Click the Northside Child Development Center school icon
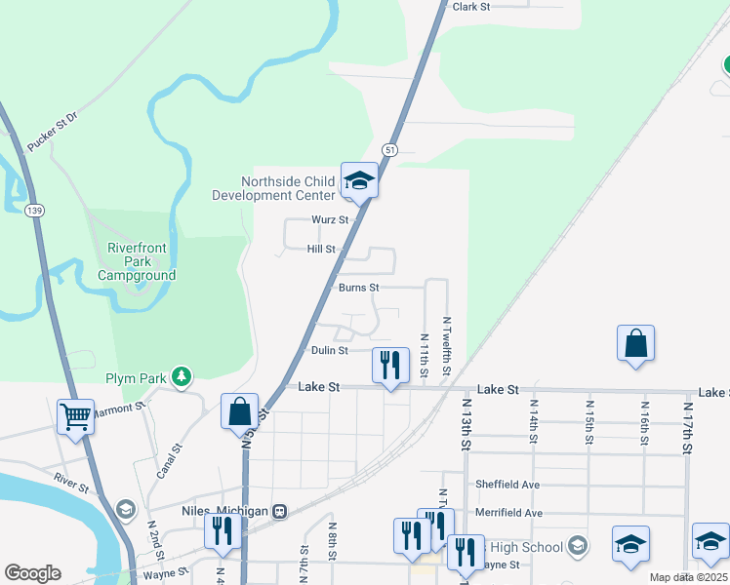(358, 179)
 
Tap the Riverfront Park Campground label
(137, 262)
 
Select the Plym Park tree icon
(181, 376)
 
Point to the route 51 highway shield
(389, 149)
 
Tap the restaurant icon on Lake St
(389, 366)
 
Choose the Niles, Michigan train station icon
(280, 511)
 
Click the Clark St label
(470, 6)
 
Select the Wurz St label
(330, 220)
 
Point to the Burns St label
(358, 288)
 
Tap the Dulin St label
(330, 350)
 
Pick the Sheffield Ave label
(507, 484)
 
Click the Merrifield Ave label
(507, 512)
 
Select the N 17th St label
(688, 424)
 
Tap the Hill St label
(321, 250)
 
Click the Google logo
(32, 573)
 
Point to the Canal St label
(170, 462)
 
